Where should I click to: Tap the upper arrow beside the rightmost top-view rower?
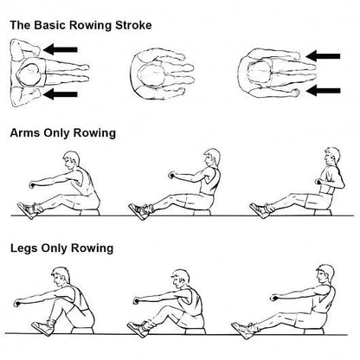(323, 57)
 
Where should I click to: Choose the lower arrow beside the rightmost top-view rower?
(323, 88)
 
